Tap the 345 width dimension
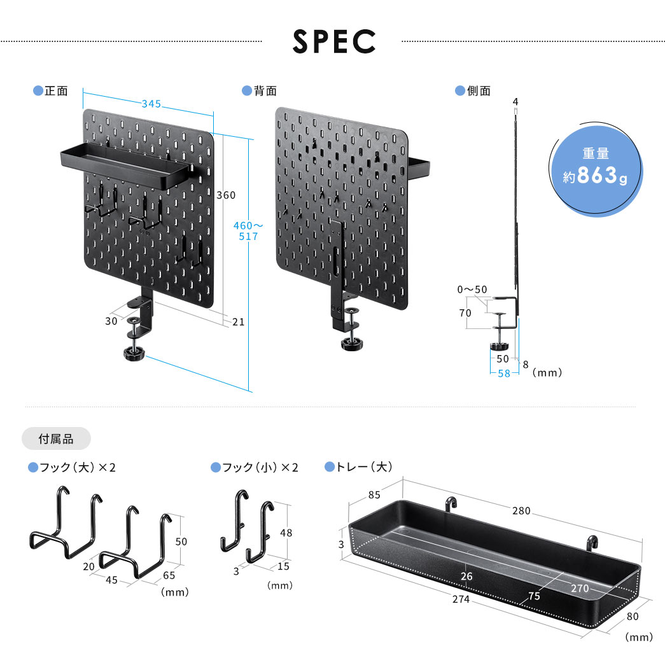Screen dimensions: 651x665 point(151,103)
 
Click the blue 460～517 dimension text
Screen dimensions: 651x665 point(248,230)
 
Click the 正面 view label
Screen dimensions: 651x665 point(56,91)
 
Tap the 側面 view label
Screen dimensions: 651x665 point(479,91)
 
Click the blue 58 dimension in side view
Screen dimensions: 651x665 point(503,374)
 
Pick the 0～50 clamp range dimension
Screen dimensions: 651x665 point(472,290)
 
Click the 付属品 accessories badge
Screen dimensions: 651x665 point(56,438)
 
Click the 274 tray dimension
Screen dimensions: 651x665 point(461,599)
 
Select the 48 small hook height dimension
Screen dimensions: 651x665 point(286,533)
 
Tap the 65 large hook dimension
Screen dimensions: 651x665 point(170,575)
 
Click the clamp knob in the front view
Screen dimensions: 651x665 point(136,354)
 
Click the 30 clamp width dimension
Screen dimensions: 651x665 point(111,321)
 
